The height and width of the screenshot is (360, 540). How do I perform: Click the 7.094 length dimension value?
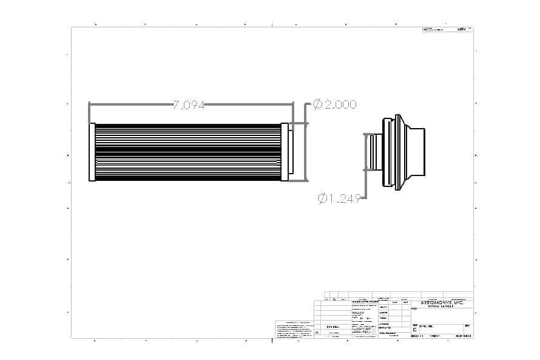coord(189,105)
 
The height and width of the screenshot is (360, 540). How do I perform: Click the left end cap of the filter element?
coord(92,152)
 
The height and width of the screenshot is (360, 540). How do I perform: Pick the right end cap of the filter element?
coord(284,152)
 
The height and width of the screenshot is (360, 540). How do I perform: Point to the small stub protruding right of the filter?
coord(291,152)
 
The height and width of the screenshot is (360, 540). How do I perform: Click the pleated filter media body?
coord(188,152)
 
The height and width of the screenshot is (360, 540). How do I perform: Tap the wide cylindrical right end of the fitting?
coord(417,152)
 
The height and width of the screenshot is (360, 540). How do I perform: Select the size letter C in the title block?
coord(414,330)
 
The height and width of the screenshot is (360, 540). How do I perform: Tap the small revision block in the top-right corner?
coord(447,29)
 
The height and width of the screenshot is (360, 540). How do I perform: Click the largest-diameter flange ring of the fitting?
coord(398,152)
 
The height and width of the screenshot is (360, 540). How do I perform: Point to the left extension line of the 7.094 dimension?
coord(89,113)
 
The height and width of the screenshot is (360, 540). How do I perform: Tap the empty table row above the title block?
coord(398,294)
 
